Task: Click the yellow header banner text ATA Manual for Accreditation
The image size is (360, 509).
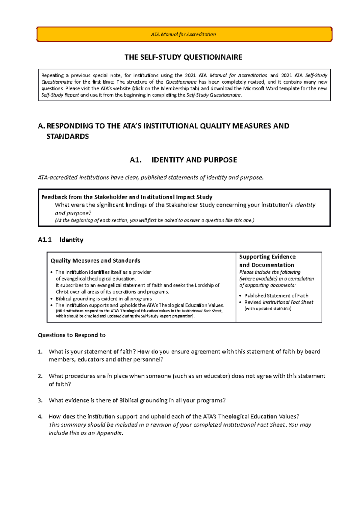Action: [x=183, y=34]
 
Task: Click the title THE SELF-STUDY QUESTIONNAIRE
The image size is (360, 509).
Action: [x=183, y=57]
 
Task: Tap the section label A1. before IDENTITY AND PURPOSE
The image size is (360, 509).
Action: [x=136, y=160]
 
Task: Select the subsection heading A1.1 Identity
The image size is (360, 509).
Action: [x=60, y=240]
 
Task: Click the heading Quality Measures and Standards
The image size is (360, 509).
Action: [x=95, y=260]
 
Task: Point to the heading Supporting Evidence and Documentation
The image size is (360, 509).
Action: [x=267, y=261]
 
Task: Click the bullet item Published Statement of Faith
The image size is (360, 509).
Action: [x=276, y=296]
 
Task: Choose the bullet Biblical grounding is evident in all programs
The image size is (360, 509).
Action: [x=104, y=299]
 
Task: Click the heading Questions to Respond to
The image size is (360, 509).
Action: [x=71, y=335]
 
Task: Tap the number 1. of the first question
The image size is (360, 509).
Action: [x=40, y=352]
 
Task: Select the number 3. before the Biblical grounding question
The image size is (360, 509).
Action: [x=40, y=400]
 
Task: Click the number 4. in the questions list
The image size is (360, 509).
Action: [x=40, y=417]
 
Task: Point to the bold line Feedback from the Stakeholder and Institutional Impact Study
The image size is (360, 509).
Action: [x=127, y=197]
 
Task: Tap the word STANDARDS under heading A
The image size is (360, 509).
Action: [x=67, y=137]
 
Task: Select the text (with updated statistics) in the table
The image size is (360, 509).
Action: [x=268, y=309]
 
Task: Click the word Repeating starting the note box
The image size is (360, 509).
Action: [x=52, y=76]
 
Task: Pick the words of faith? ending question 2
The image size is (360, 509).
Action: [x=60, y=384]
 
